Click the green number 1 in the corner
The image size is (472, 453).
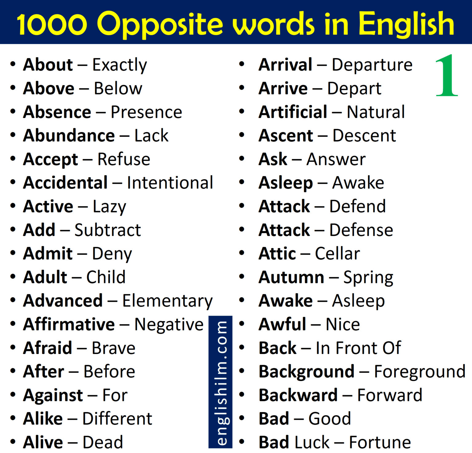coord(447,75)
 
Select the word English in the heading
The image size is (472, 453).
coord(406,24)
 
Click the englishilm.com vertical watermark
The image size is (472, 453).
coord(221,382)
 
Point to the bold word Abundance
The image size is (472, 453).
coord(69,136)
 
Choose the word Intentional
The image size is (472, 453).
coord(170,183)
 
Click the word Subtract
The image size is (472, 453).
coord(108,230)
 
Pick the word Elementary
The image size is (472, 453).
coord(167,301)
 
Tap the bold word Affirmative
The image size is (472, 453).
coord(69,325)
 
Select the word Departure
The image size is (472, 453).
coord(372,65)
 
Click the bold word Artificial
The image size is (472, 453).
coord(293,112)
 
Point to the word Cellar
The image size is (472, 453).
coord(337,254)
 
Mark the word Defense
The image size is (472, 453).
coord(361,230)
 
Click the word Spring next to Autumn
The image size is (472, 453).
coord(368,278)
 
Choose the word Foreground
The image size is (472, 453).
coord(419,372)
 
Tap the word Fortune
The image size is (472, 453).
coord(380,443)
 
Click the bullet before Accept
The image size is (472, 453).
coord(13,159)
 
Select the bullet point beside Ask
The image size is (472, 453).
coord(242,159)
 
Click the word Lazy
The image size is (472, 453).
coord(109,207)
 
